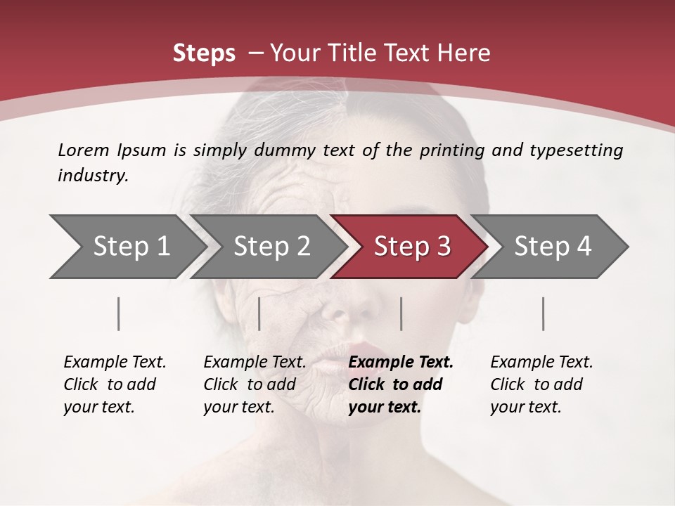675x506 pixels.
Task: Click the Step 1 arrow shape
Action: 127,247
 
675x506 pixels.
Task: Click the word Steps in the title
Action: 204,53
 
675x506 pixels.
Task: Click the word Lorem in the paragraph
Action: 83,150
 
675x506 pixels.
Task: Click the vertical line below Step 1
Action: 118,313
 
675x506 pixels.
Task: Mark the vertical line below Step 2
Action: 259,313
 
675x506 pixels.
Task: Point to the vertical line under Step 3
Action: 401,313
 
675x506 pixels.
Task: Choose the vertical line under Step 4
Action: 544,313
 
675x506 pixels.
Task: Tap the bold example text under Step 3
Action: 399,384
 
